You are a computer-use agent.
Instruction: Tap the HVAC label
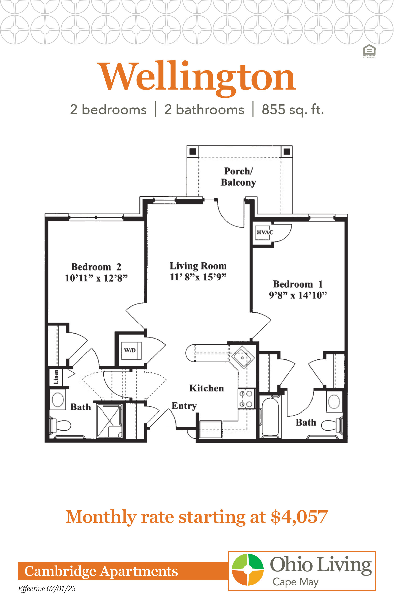tap(265, 232)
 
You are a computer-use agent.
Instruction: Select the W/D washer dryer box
tap(131, 351)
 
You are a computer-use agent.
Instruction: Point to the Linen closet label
tap(56, 377)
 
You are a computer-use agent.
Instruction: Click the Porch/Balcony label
tap(238, 177)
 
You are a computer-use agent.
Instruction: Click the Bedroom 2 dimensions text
tap(96, 278)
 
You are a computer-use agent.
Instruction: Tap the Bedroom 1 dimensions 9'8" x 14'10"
tap(298, 295)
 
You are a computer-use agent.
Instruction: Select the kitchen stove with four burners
tap(246, 399)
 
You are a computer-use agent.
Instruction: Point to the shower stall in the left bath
tap(110, 421)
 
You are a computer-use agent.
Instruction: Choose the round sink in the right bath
tap(334, 401)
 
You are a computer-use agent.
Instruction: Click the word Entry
tap(184, 406)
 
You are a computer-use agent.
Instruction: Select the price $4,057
tap(299, 517)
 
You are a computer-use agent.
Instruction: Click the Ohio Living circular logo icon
tap(248, 569)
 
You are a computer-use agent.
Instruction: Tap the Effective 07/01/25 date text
tap(47, 589)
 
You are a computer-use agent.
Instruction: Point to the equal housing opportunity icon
tap(369, 51)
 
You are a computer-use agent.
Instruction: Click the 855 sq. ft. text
tap(293, 110)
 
